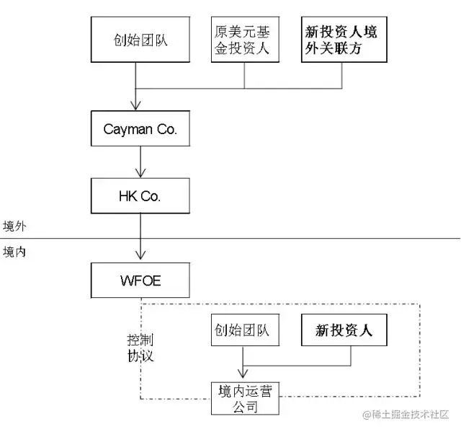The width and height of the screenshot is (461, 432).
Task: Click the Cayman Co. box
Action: [x=140, y=130]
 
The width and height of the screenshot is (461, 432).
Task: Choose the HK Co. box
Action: [x=140, y=197]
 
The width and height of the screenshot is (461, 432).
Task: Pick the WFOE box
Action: [x=140, y=280]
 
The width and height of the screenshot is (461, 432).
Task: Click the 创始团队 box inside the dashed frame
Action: [x=241, y=331]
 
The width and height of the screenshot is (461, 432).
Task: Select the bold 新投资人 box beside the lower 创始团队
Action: [x=343, y=331]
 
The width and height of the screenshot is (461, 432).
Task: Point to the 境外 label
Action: [x=14, y=226]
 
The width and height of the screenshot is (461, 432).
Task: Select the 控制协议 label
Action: [x=140, y=348]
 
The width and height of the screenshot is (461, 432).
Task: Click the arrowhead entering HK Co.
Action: [x=140, y=173]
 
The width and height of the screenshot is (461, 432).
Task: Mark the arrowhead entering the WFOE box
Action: [x=140, y=256]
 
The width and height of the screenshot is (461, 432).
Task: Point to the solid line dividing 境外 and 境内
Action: [x=288, y=238]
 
